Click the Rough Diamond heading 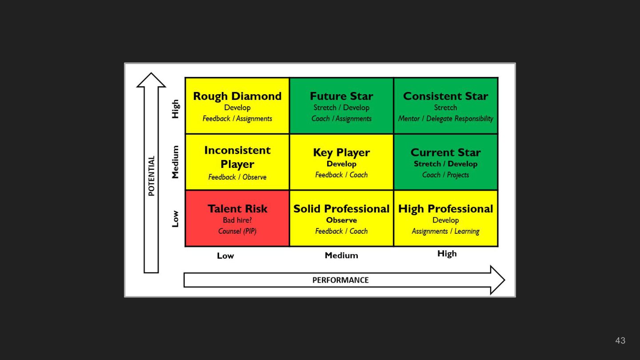point(237,96)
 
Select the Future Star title point(341,96)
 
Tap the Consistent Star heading point(445,96)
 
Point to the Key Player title point(341,152)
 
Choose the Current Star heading point(445,152)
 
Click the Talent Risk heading point(237,208)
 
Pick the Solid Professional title point(341,208)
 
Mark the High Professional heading point(445,208)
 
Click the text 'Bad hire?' point(237,220)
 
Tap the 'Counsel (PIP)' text point(237,231)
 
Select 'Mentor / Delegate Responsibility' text point(445,119)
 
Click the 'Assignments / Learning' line point(445,231)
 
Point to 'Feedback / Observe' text point(237,177)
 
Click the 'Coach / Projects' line point(445,175)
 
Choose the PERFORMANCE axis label point(340,280)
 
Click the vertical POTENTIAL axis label point(152,176)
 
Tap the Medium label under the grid point(341,255)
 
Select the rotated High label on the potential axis point(176,108)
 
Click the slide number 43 point(620,340)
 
